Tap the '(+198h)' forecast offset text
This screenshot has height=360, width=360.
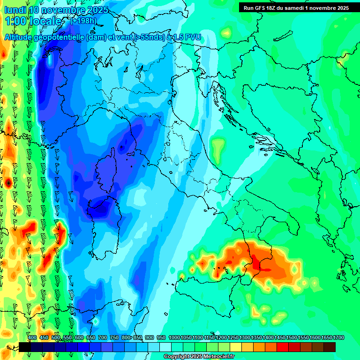(x=83, y=21)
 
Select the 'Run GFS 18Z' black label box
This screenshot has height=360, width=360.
(x=296, y=8)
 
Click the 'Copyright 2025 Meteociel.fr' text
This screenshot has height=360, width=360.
(x=199, y=357)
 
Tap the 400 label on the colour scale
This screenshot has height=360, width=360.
(x=32, y=337)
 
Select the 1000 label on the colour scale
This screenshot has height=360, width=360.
(x=174, y=337)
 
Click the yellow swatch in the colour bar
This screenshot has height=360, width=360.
(x=236, y=347)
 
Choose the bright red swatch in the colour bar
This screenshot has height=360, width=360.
(x=283, y=347)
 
